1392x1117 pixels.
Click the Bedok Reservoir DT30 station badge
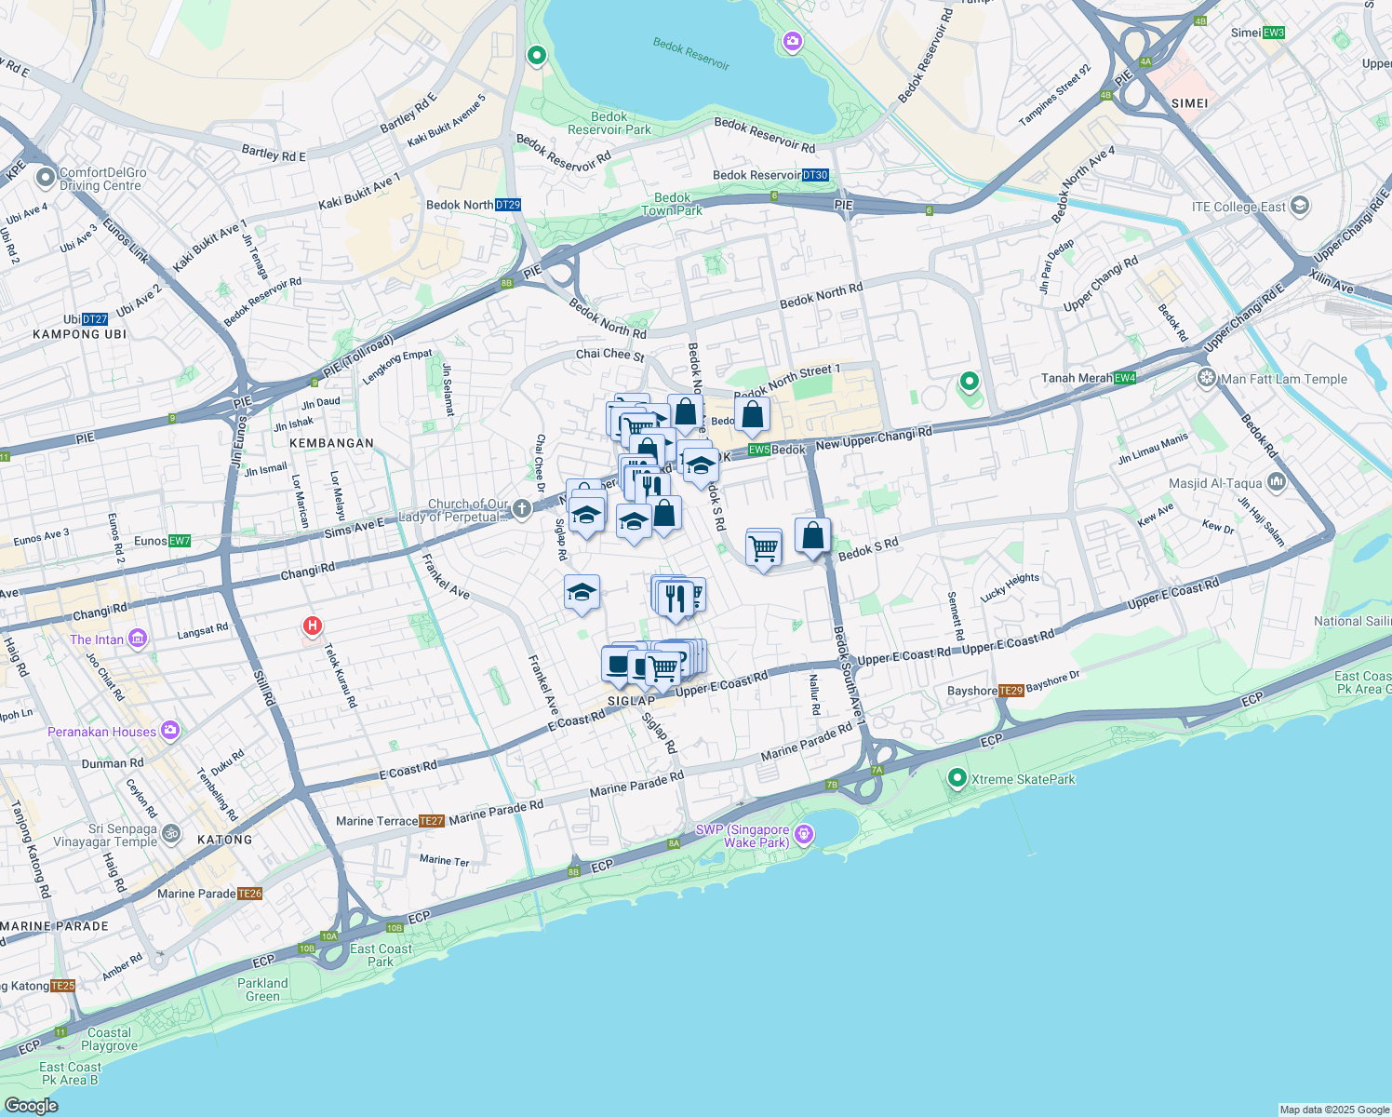coord(815,175)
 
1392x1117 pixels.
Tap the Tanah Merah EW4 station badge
coord(1125,378)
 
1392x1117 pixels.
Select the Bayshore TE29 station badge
coord(1011,691)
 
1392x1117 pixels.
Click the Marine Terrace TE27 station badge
coord(431,821)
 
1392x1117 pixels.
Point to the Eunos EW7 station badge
coord(180,541)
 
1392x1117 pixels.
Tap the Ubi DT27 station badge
coord(95,319)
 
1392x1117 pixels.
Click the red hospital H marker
coord(313,626)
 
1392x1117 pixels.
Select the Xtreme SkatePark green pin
coord(957,778)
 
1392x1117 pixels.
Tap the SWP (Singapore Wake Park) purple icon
coord(804,834)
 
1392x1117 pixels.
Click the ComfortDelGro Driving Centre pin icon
coord(45,177)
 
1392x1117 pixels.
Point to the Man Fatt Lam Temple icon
coord(1207,378)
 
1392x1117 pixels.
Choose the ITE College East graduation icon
coord(1300,206)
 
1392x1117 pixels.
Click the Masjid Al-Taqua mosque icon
coord(1276,482)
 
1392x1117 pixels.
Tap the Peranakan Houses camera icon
coord(169,731)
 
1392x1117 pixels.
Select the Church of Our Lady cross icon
coord(521,508)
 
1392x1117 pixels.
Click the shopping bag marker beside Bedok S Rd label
coord(812,537)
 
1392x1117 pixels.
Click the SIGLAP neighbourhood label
coord(632,701)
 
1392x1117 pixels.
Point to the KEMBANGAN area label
coord(331,443)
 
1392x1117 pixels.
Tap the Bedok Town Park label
coord(672,204)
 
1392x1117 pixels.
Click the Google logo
coord(31,1105)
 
